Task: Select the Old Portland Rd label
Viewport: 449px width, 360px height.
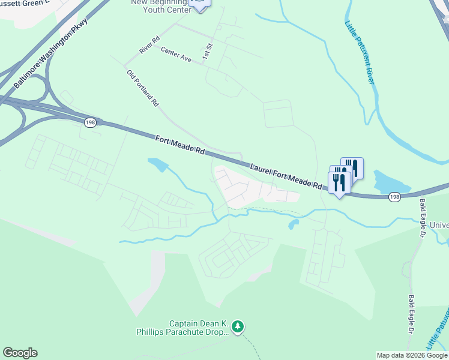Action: tap(143, 88)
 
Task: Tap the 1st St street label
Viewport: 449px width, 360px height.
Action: tap(208, 50)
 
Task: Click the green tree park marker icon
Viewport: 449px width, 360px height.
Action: tap(238, 326)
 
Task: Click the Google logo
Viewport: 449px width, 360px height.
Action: tap(20, 353)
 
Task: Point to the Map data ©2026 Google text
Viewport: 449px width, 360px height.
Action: tap(412, 355)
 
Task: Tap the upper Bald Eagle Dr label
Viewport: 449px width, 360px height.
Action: tap(423, 213)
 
